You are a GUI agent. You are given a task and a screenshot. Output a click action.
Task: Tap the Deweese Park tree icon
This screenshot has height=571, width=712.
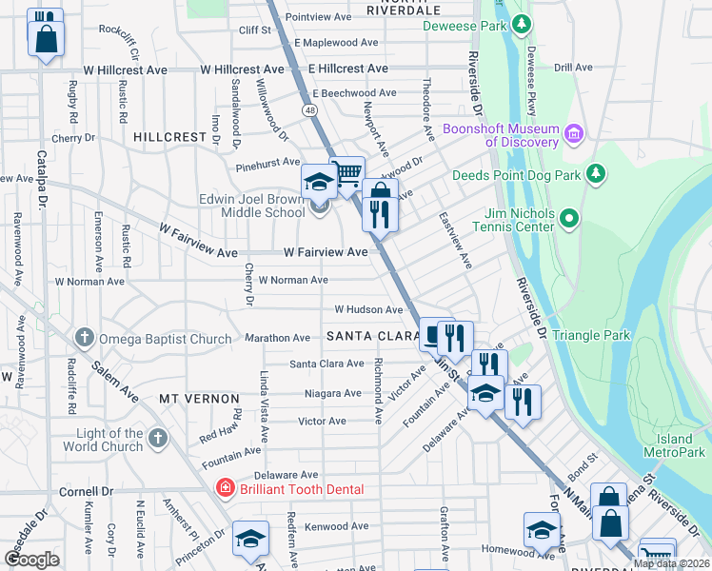521,24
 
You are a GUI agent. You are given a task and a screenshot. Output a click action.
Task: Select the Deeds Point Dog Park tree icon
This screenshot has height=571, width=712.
596,173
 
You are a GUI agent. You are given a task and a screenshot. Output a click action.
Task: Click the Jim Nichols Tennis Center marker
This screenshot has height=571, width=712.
569,219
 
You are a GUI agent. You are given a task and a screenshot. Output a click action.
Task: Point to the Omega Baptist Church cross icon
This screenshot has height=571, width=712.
85,338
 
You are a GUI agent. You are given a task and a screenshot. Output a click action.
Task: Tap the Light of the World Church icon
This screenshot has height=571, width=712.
158,438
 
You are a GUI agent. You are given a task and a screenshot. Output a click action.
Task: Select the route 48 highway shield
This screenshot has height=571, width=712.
310,110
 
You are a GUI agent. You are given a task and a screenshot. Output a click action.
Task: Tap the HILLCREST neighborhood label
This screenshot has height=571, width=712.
169,137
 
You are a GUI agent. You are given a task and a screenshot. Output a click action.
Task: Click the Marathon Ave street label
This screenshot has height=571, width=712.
279,338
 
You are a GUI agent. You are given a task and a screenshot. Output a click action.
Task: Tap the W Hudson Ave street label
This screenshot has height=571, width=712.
368,310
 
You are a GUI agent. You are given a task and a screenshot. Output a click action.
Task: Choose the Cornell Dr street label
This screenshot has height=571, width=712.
86,492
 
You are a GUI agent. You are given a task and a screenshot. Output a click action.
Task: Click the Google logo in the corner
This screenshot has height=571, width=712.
31,560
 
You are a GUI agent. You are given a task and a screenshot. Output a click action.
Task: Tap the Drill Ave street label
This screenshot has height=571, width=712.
573,69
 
